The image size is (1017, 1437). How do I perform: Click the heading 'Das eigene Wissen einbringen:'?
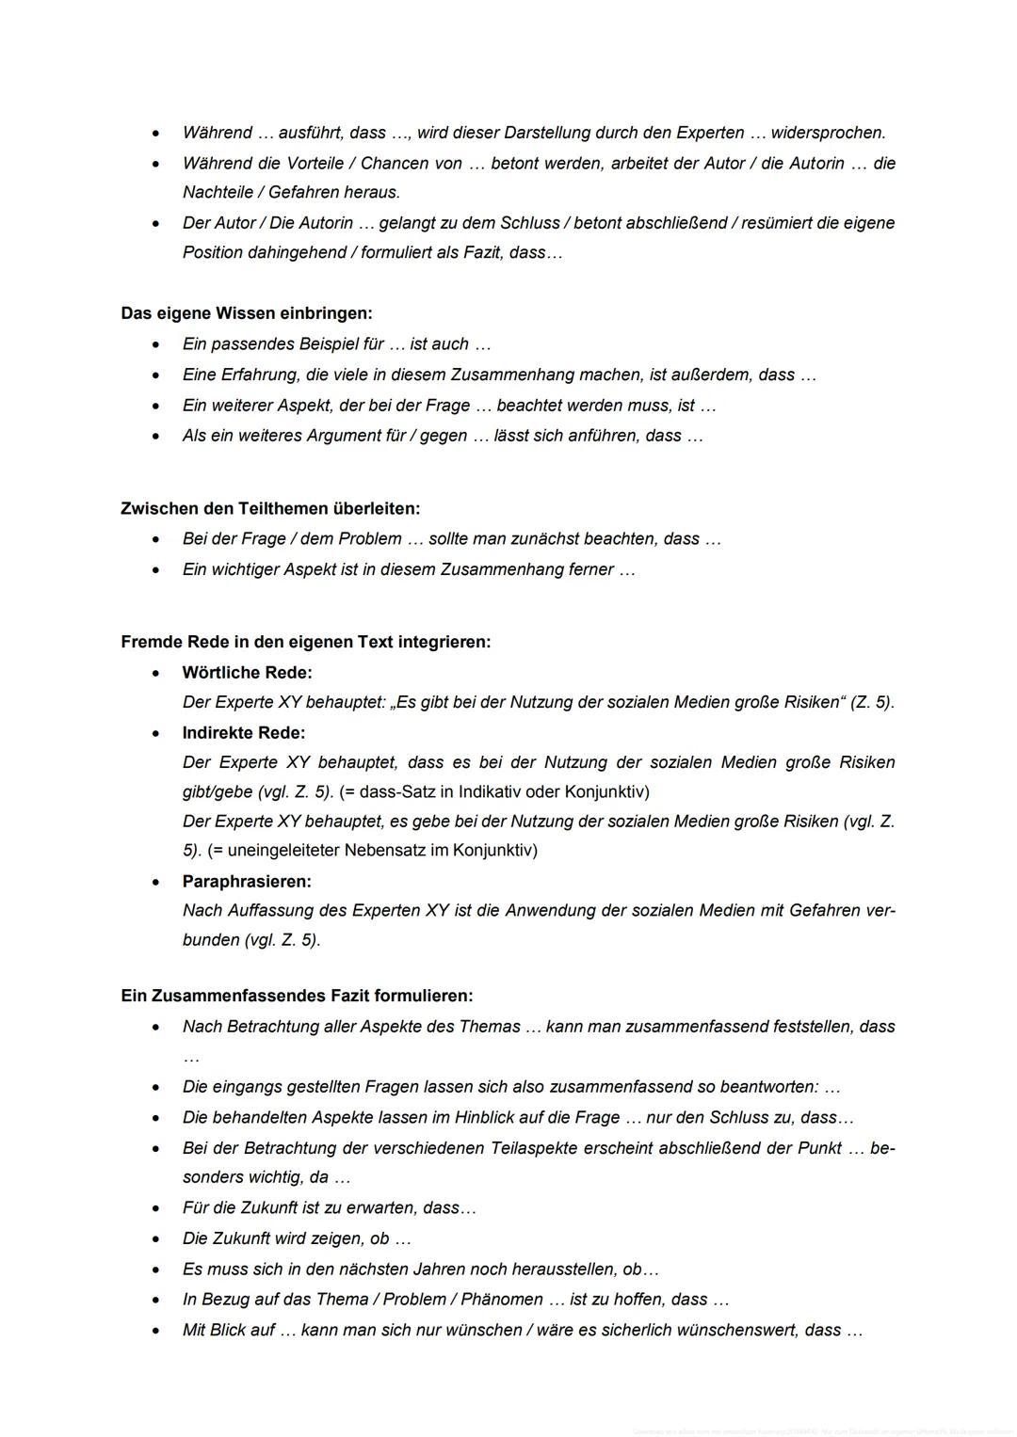[246, 313]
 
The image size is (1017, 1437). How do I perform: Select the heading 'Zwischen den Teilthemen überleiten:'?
[270, 508]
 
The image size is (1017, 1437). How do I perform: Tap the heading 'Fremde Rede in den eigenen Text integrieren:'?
[305, 642]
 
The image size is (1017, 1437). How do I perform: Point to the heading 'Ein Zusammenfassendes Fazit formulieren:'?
[297, 996]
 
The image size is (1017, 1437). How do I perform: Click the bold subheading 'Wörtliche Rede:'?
[247, 673]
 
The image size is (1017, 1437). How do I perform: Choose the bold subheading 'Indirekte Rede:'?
[244, 732]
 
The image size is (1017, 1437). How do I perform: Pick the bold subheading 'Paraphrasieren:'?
[247, 882]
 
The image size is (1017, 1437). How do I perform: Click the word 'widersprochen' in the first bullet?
[827, 133]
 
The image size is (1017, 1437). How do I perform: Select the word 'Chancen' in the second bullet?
[395, 164]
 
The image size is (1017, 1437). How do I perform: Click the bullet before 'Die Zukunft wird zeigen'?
[156, 1239]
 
